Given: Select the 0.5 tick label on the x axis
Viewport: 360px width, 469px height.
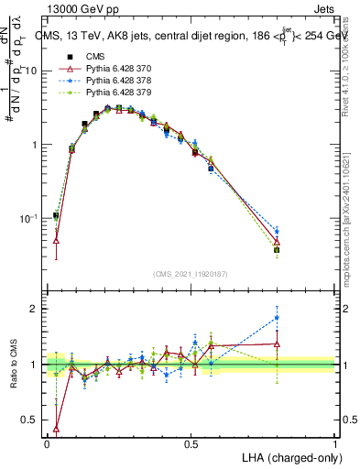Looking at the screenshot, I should [x=191, y=443].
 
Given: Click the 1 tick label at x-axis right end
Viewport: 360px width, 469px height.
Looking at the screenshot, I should [x=334, y=443].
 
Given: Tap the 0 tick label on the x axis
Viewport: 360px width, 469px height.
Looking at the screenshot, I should [x=47, y=443].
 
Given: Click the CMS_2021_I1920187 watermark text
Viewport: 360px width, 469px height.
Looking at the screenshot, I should [x=191, y=273].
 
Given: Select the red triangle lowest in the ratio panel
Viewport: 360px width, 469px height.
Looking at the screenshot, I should [x=57, y=428].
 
